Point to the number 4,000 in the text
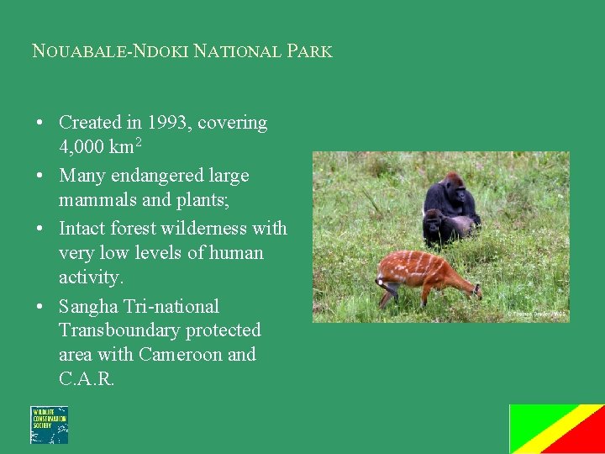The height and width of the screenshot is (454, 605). tap(82, 147)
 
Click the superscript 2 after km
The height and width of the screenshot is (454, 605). tap(138, 142)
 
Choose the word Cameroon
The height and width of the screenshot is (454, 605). tap(181, 355)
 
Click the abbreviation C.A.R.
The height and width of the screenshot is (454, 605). tap(86, 379)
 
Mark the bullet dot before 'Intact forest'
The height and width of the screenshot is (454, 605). tap(40, 229)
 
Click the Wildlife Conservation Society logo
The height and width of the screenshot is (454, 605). tap(49, 425)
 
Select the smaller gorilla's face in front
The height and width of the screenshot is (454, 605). tap(434, 222)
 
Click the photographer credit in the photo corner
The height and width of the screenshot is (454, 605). tap(536, 314)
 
